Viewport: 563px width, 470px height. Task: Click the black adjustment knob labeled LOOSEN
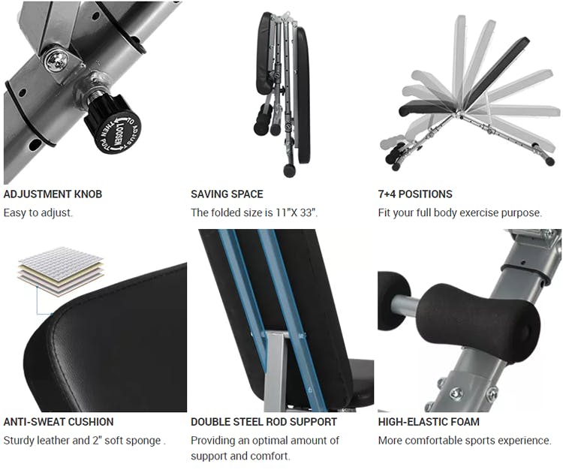(x=113, y=125)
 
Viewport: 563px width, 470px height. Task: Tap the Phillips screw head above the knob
(x=56, y=59)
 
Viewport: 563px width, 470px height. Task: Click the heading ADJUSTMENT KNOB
(x=53, y=194)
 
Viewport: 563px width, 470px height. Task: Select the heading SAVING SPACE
(x=227, y=194)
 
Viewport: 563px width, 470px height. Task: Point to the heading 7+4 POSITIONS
(x=414, y=194)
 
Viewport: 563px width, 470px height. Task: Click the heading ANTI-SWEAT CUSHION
(x=59, y=421)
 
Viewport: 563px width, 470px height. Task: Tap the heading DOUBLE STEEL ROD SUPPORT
(x=264, y=421)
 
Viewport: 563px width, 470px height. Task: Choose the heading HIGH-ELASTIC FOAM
(x=429, y=421)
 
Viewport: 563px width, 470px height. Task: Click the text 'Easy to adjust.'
(x=38, y=212)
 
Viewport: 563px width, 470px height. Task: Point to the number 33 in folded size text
(x=306, y=212)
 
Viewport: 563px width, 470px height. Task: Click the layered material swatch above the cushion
(x=61, y=271)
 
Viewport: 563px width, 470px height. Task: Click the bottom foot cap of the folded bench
(x=290, y=170)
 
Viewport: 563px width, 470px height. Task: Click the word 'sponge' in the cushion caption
(x=145, y=441)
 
